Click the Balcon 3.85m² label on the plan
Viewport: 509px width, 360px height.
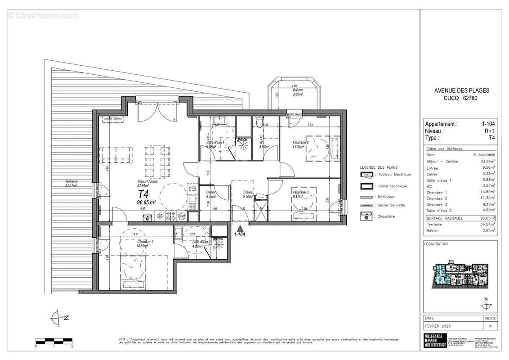tap(295, 92)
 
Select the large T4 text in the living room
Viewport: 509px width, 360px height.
tap(143, 194)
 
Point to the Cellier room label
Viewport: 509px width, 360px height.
tap(211, 194)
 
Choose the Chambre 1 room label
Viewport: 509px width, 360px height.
tap(145, 243)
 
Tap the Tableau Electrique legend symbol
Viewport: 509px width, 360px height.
tap(367, 174)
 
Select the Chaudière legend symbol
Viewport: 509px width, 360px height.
tap(367, 216)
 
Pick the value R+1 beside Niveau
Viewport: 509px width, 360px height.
tap(488, 131)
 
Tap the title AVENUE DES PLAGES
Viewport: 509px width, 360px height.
tap(461, 90)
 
